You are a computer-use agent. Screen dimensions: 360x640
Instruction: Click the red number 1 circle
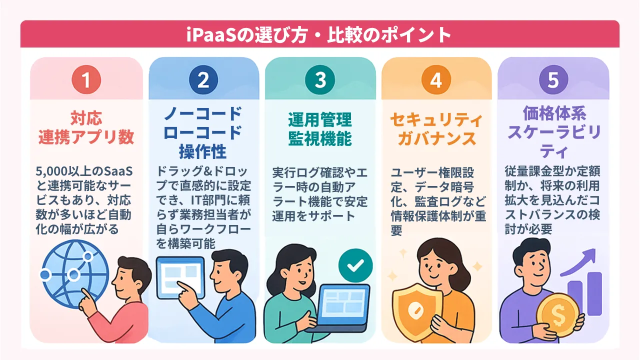(x=86, y=80)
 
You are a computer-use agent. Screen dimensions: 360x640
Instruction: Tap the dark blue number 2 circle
(x=203, y=80)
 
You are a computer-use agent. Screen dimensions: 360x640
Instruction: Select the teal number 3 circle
(x=320, y=80)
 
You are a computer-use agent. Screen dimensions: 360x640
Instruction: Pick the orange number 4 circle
(x=436, y=80)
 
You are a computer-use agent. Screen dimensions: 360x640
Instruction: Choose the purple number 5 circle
(x=553, y=80)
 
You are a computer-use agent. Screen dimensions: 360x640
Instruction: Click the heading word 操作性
(x=203, y=151)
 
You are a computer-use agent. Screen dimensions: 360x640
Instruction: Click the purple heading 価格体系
(x=553, y=114)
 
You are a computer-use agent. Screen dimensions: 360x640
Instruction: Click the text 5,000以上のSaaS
(x=85, y=172)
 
